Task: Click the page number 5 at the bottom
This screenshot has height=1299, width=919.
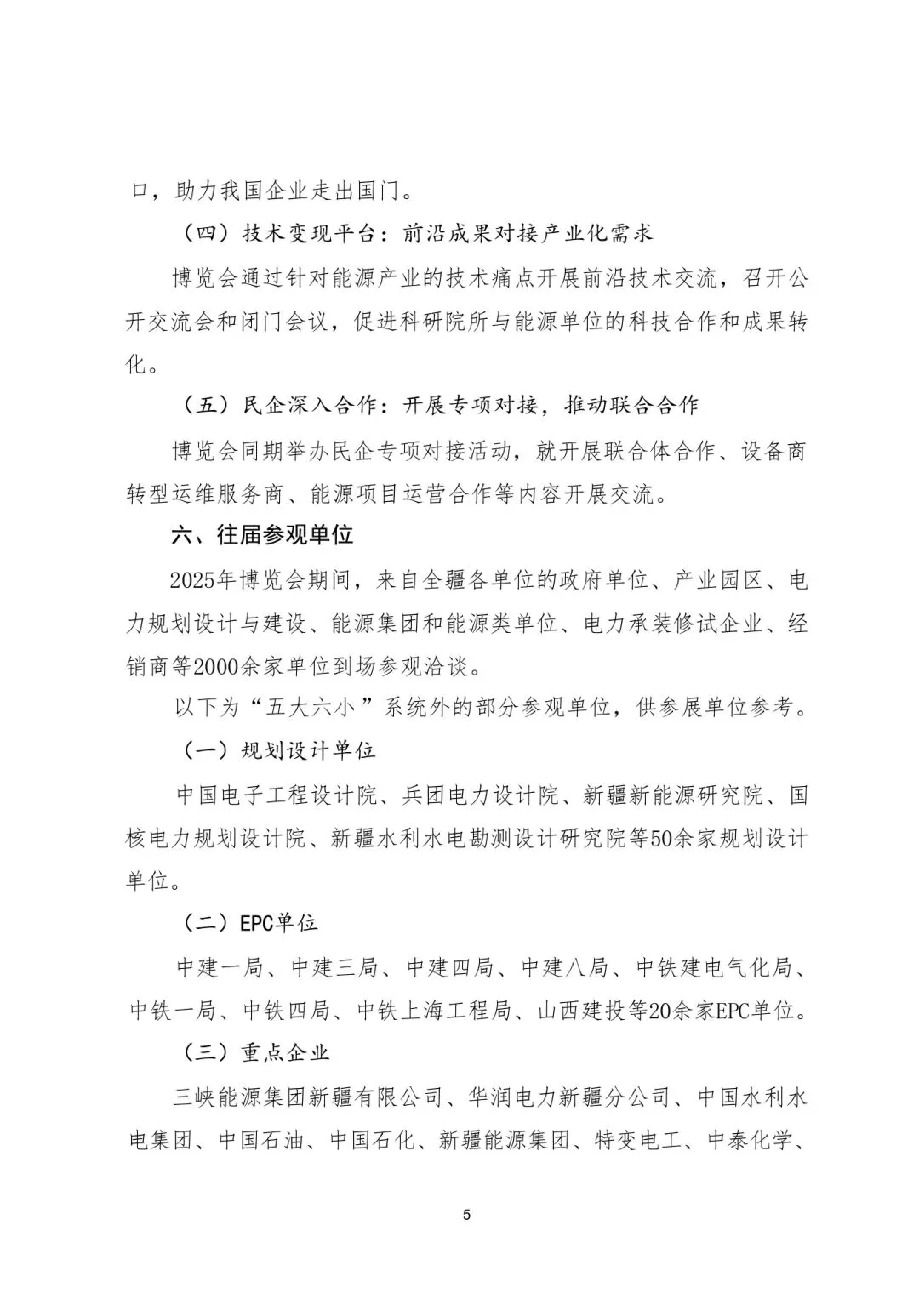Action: pyautogui.click(x=466, y=1215)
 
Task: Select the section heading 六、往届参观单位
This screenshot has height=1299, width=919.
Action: pyautogui.click(x=262, y=535)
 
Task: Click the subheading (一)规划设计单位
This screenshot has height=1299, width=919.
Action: pyautogui.click(x=278, y=750)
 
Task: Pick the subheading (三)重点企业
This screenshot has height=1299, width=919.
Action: pyautogui.click(x=255, y=1053)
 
